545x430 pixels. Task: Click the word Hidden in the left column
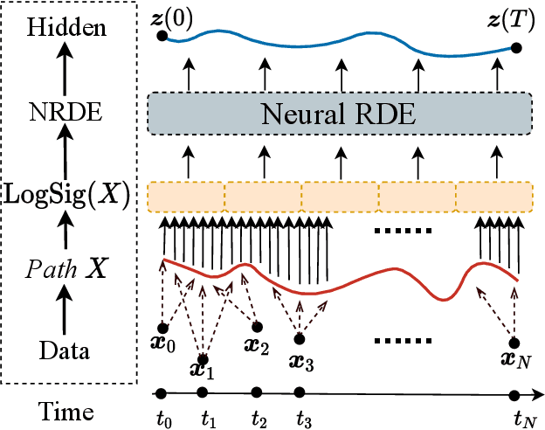click(67, 28)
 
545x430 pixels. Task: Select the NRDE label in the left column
click(67, 111)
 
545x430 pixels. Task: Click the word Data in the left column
click(67, 351)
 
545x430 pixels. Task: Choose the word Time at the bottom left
click(67, 409)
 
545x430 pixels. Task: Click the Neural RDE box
click(341, 112)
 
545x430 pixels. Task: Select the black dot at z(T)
click(517, 47)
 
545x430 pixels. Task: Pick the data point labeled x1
click(204, 358)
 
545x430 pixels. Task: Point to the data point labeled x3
click(300, 336)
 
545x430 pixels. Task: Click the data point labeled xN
click(515, 343)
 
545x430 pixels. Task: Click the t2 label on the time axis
click(258, 417)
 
